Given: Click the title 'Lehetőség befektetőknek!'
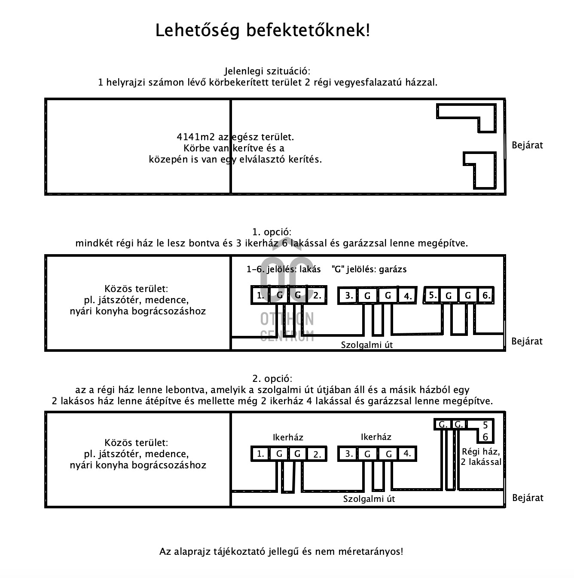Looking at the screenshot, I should (262, 31).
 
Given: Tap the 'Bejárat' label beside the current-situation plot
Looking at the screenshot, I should (527, 145).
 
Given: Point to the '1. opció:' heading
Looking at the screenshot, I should (272, 232).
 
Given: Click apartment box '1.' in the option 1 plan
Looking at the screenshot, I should (260, 295).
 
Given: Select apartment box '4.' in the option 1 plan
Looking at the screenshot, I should (407, 296).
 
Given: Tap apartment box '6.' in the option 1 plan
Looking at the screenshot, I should (486, 295).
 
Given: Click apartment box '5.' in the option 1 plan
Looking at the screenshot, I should (433, 295).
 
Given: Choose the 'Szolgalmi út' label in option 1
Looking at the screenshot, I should (366, 345).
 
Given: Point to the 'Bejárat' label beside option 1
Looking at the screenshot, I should (527, 341).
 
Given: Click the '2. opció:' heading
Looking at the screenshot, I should (272, 379).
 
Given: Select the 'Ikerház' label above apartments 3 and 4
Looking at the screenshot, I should (376, 437).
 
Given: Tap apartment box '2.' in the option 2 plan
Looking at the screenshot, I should (317, 454).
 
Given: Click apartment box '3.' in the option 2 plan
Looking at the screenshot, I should (349, 454).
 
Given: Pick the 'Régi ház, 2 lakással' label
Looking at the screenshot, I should (481, 457).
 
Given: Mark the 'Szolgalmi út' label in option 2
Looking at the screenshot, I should (369, 499).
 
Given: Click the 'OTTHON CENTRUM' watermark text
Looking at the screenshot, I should (287, 327).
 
